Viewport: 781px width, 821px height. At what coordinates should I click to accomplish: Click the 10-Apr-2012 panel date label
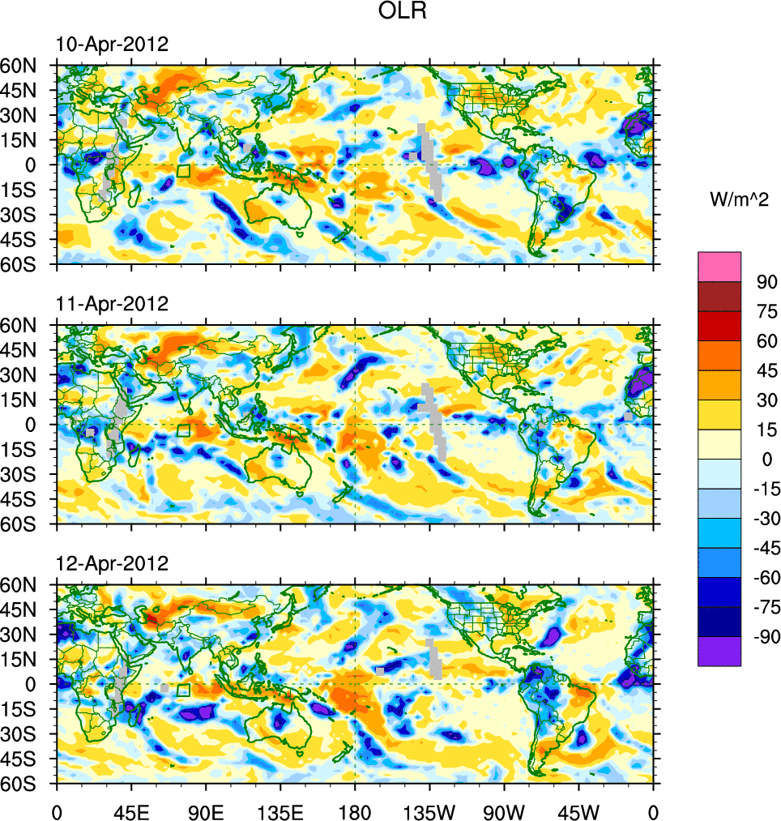112,45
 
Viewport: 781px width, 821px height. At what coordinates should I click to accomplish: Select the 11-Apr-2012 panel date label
112,304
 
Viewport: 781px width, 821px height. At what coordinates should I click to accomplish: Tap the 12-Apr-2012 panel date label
112,563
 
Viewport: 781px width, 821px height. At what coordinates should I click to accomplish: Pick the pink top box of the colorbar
719,266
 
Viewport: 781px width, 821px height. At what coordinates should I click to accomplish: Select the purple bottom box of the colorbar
719,651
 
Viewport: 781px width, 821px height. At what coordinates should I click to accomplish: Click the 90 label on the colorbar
766,283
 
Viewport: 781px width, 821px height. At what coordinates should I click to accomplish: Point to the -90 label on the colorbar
763,637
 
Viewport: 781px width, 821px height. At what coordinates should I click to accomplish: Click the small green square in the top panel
183,170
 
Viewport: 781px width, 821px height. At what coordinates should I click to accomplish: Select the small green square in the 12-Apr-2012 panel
183,690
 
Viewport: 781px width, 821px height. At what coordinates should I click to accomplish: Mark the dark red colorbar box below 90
719,296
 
